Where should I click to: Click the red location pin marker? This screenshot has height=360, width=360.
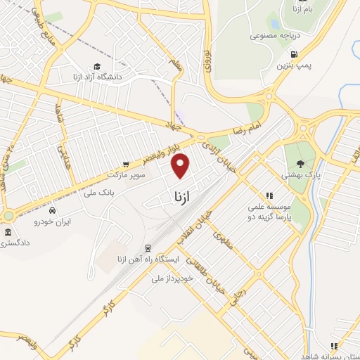[x=181, y=165]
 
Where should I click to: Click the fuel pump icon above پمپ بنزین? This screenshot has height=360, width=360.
[x=293, y=54]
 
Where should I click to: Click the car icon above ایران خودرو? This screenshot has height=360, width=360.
[x=53, y=210]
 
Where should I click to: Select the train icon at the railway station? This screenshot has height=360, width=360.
[x=148, y=247]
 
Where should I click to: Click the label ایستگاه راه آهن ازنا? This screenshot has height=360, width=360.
[x=151, y=259]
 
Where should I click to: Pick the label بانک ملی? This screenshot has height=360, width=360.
[x=98, y=192]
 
